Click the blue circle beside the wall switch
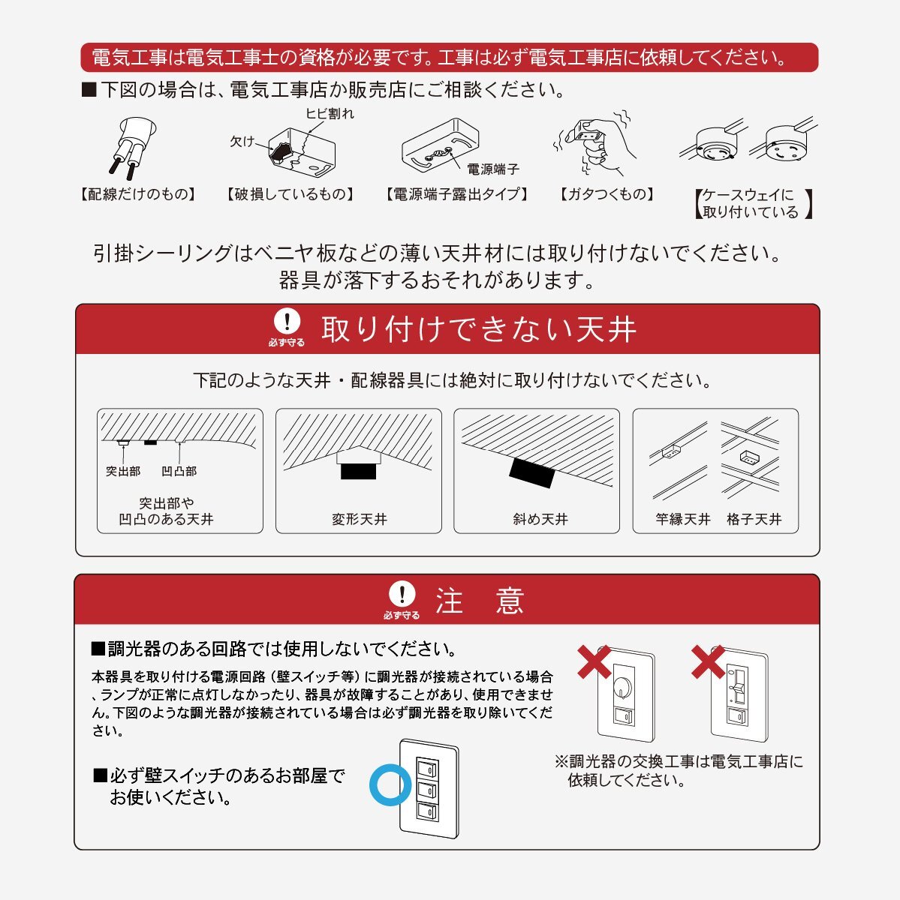pyautogui.click(x=390, y=785)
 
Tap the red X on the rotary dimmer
pyautogui.click(x=594, y=661)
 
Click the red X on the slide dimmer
pyautogui.click(x=709, y=661)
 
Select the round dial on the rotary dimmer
pyautogui.click(x=623, y=687)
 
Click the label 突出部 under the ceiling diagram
pyautogui.click(x=123, y=471)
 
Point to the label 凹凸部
pyautogui.click(x=179, y=471)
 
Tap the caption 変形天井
pyautogui.click(x=359, y=519)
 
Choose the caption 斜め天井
pyautogui.click(x=540, y=519)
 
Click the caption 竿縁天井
pyautogui.click(x=682, y=519)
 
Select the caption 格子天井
pyautogui.click(x=754, y=519)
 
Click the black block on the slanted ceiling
pyautogui.click(x=532, y=473)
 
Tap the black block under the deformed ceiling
pyautogui.click(x=358, y=471)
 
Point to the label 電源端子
pyautogui.click(x=493, y=169)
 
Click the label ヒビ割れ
pyautogui.click(x=330, y=113)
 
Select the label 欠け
pyautogui.click(x=242, y=141)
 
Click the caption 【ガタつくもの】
pyautogui.click(x=607, y=193)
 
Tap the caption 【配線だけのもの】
pyautogui.click(x=138, y=193)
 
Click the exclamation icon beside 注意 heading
pyautogui.click(x=402, y=594)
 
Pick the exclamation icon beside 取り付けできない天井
pyautogui.click(x=287, y=321)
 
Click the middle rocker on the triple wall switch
pyautogui.click(x=427, y=790)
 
